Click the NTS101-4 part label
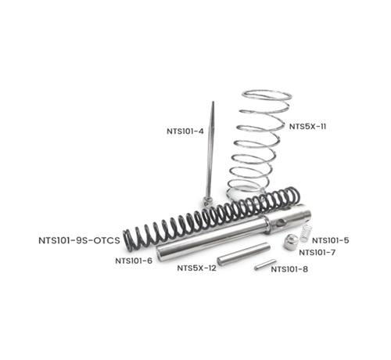click(185, 131)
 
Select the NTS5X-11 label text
click(307, 127)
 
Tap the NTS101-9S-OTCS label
click(79, 240)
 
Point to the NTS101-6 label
click(134, 261)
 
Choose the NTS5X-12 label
click(196, 268)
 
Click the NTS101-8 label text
click(289, 269)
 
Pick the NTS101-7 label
click(317, 253)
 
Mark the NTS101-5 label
click(331, 240)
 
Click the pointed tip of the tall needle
click(213, 102)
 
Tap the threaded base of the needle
click(207, 202)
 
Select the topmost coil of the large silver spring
click(267, 95)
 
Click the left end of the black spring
click(127, 241)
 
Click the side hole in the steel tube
click(281, 223)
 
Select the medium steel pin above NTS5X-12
click(243, 254)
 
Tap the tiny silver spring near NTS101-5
click(306, 232)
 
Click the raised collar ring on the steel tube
click(267, 224)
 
